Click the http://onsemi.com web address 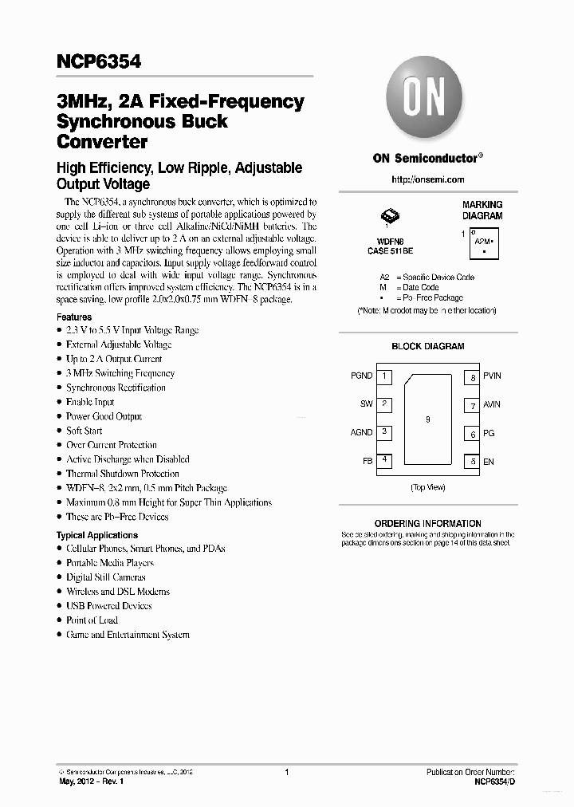coord(427,180)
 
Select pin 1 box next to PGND coord(384,376)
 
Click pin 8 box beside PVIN coord(473,377)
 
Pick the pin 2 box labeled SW coord(384,404)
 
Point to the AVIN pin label coord(492,404)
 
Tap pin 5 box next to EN coord(473,461)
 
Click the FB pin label coord(367,461)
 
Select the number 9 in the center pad coord(428,419)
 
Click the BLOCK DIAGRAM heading coord(428,347)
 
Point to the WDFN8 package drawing coord(390,215)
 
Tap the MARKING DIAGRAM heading coord(482,211)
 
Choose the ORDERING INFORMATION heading coord(428,523)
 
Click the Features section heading coord(74,317)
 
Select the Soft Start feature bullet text coord(85,431)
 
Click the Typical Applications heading coord(97,535)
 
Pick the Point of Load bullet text coord(92,620)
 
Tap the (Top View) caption coord(428,486)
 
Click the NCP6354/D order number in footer coord(494,783)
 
